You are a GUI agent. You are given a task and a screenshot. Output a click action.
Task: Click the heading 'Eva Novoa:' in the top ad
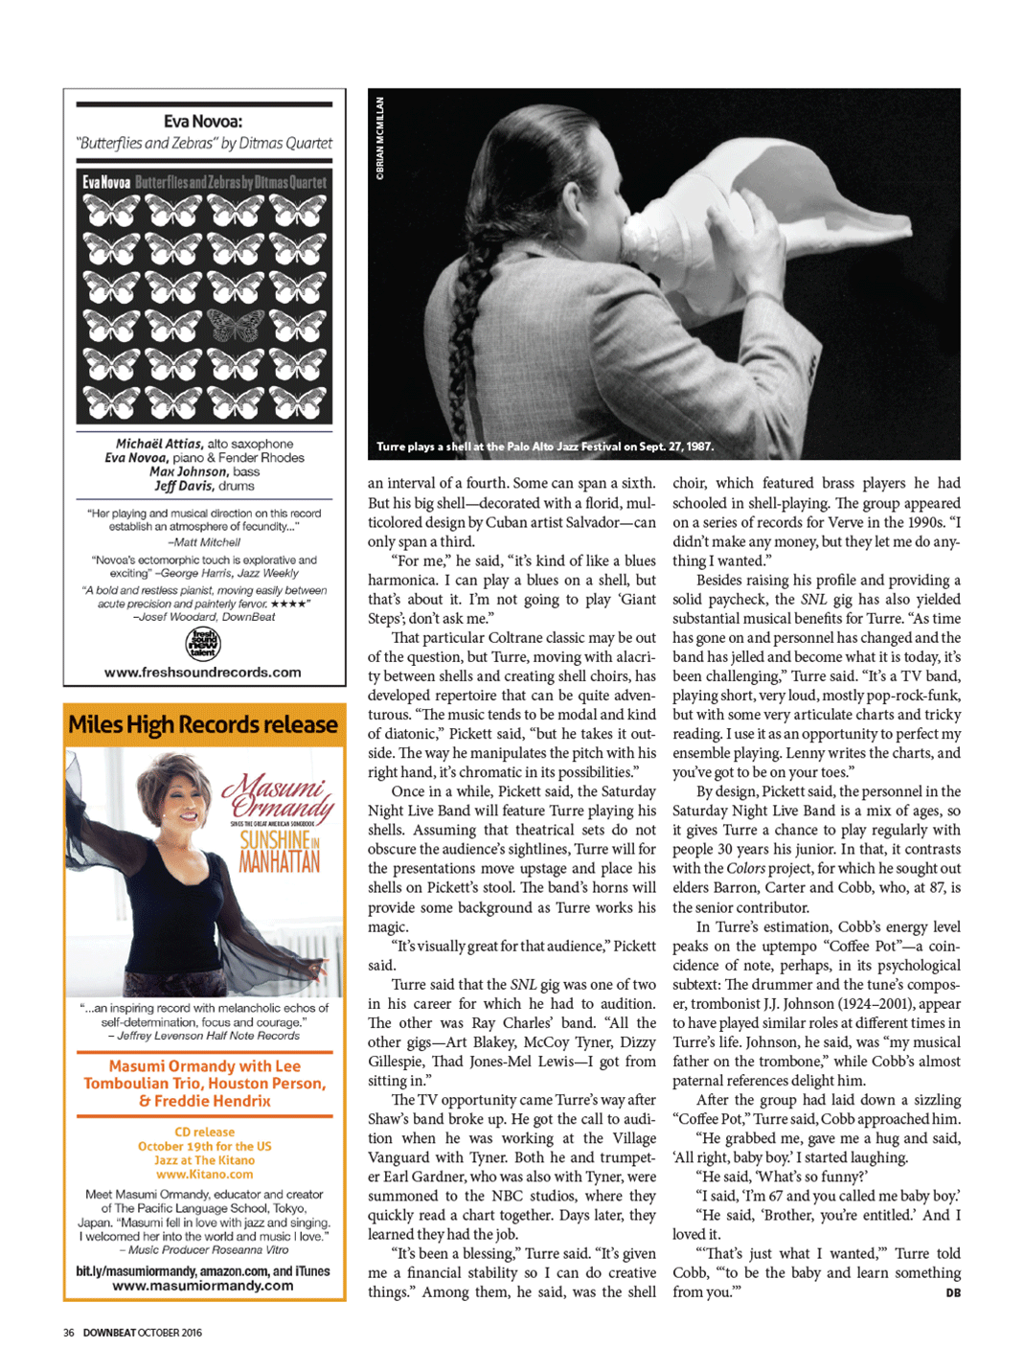[203, 122]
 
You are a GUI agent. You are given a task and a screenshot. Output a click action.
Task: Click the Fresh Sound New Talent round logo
[203, 644]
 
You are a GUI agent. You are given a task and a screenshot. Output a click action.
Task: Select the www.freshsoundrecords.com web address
[203, 673]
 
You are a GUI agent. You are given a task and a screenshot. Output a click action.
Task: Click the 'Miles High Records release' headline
[203, 725]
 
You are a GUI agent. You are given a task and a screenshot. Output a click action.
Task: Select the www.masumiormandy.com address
[203, 1286]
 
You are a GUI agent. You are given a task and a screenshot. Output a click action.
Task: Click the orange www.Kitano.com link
[204, 1174]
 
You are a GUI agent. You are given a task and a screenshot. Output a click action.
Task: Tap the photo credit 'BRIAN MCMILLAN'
[380, 138]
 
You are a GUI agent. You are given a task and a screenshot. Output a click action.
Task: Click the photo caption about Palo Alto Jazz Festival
[544, 446]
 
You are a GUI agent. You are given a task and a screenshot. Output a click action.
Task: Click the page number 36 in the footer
[69, 1333]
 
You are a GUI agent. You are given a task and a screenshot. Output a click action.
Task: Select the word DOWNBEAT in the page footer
[109, 1333]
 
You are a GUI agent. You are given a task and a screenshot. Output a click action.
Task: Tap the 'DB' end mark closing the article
[952, 1292]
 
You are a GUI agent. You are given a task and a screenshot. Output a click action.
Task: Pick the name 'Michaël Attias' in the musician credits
[159, 444]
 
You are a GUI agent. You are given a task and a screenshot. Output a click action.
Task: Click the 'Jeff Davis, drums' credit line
[204, 486]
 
